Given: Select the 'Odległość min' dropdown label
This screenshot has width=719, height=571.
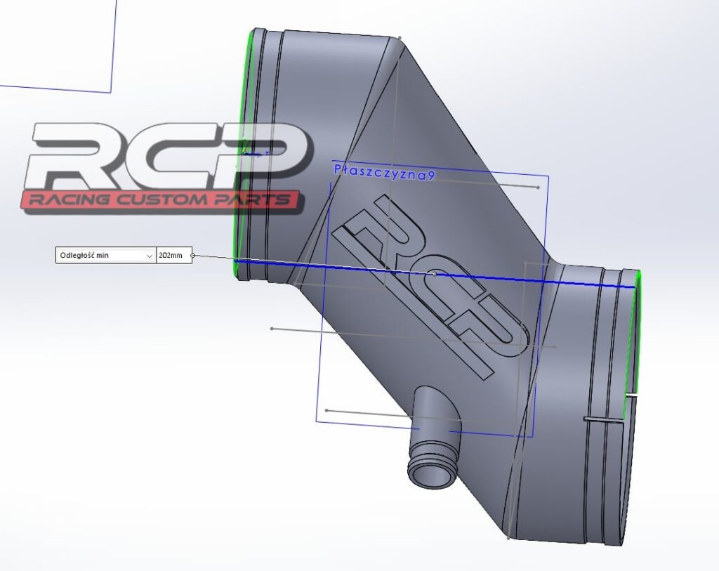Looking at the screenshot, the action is [84, 255].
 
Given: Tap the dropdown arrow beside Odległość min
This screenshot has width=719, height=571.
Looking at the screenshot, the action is [150, 256].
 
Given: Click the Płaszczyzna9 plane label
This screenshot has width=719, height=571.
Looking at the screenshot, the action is [384, 172].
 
